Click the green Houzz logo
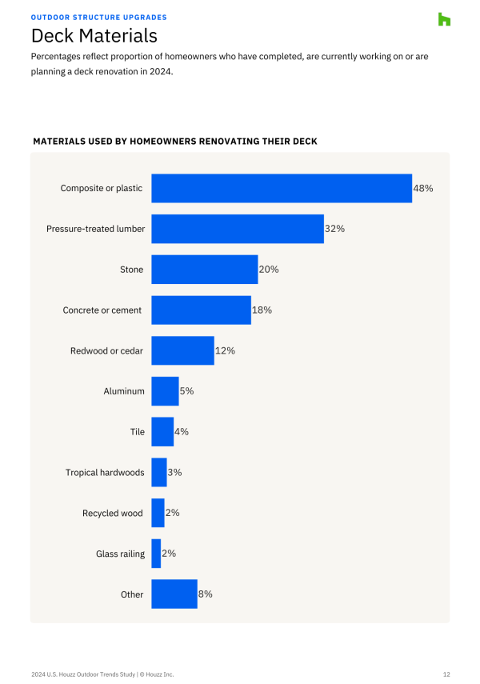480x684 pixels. [444, 19]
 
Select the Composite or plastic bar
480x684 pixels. [282, 188]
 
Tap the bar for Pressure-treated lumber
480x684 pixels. [238, 229]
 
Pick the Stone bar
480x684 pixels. [204, 270]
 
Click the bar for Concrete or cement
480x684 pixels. [201, 310]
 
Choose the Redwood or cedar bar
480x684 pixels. [182, 350]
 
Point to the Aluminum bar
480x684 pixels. [165, 391]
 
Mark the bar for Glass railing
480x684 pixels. [156, 554]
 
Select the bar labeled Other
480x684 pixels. [174, 594]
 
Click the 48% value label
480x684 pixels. [423, 188]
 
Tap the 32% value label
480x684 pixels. [334, 229]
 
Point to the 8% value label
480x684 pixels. [205, 594]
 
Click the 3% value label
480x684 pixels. [174, 472]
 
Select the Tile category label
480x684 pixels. [138, 432]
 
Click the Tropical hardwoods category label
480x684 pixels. [105, 473]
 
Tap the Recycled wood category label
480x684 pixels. [113, 513]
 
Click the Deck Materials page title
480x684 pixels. [94, 36]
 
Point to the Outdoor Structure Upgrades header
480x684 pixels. [99, 17]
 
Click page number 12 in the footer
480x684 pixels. [446, 674]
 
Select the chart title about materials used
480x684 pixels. [175, 142]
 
